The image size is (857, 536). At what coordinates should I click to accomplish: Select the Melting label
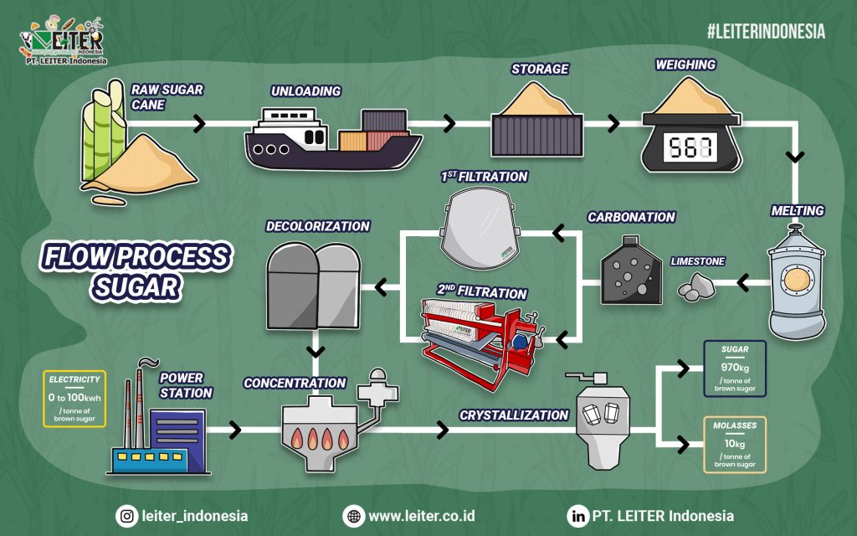click(x=798, y=210)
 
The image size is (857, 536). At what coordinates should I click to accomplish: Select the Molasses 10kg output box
click(x=735, y=445)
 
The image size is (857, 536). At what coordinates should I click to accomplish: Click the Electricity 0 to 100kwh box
click(x=75, y=399)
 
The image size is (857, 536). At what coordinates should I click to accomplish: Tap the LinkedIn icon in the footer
click(x=577, y=516)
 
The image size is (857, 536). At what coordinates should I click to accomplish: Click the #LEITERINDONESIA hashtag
click(x=766, y=32)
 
